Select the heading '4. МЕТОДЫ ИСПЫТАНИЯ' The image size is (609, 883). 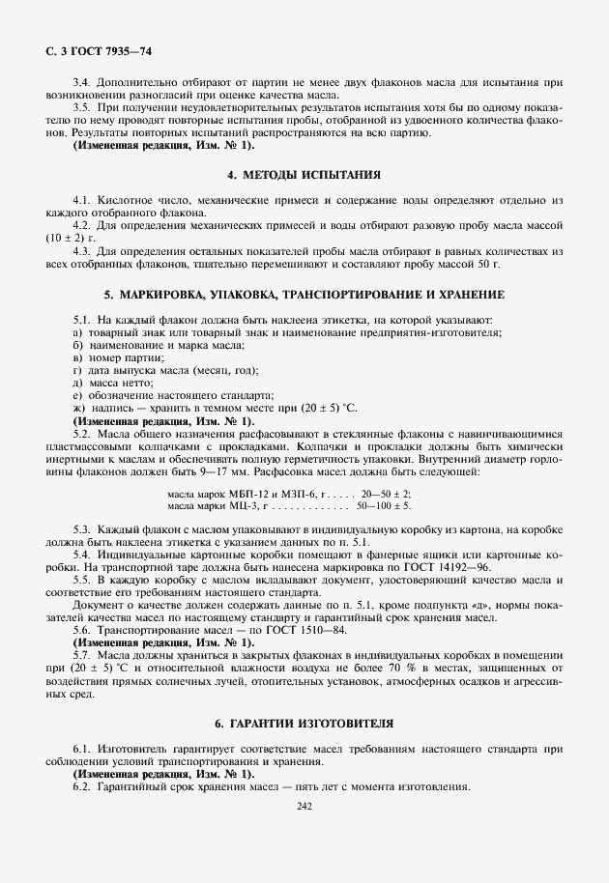(304, 175)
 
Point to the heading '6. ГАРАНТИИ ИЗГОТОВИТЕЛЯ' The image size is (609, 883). (304, 723)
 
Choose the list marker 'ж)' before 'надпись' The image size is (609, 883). (78, 409)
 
